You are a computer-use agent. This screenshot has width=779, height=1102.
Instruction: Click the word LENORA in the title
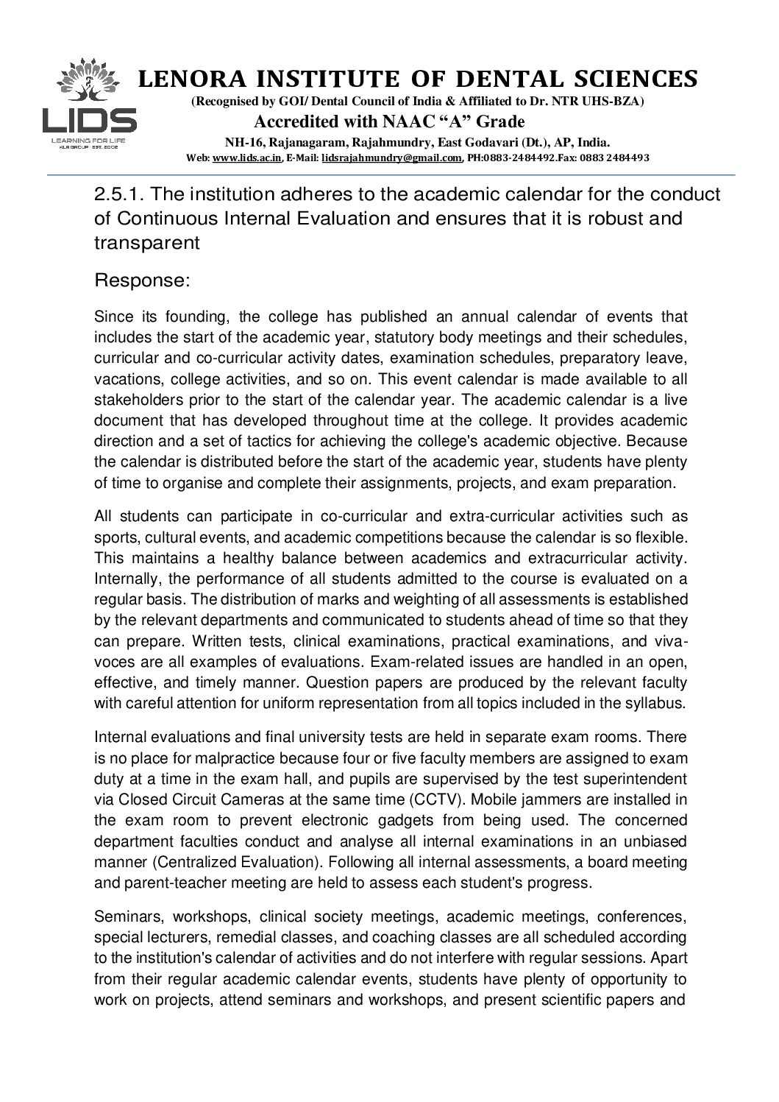[181, 79]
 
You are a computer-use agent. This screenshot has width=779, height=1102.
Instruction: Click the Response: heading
[143, 280]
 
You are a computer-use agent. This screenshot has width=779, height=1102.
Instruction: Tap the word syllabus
[658, 702]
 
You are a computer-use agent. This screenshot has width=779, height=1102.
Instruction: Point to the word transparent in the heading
[147, 244]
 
